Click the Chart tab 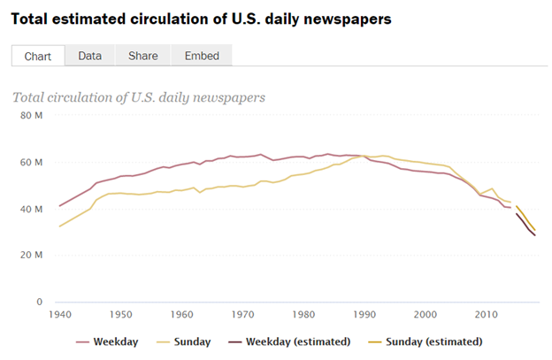(37, 56)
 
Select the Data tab (89, 56)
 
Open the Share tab (142, 56)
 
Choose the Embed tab (202, 56)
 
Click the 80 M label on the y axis (32, 116)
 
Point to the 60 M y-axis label (32, 163)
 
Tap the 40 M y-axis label (32, 210)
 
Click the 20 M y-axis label (32, 256)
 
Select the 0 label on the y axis (39, 303)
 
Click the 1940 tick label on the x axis (60, 314)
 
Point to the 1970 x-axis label (242, 314)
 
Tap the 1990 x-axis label (364, 314)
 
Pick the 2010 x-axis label (485, 314)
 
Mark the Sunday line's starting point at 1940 (59, 226)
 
